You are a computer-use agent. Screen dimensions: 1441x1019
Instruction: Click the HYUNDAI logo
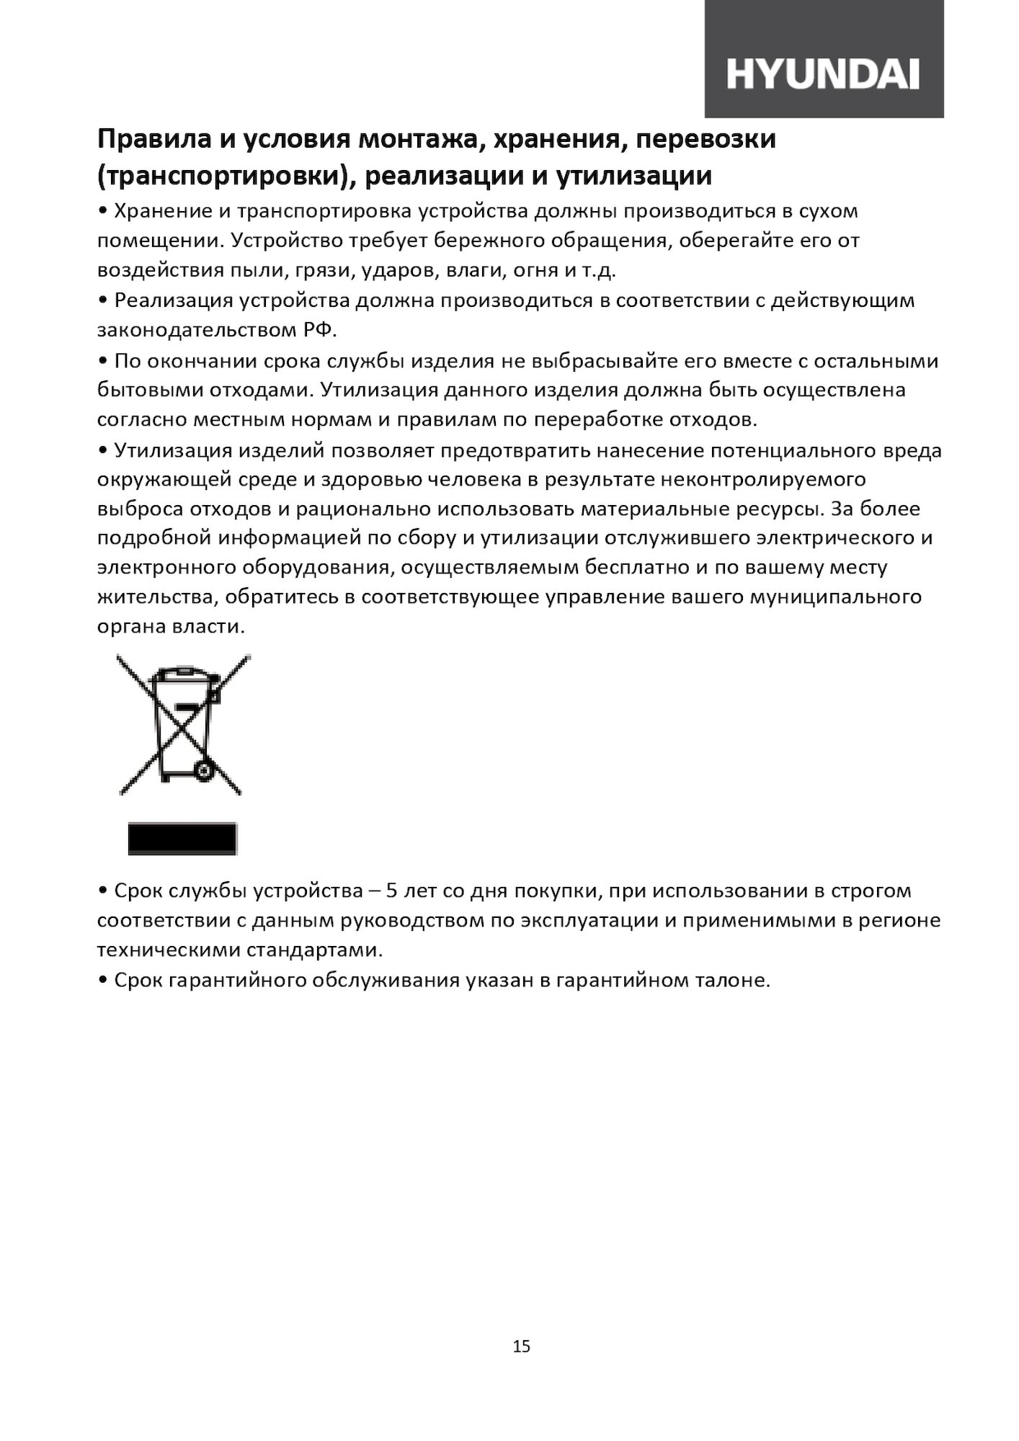(822, 74)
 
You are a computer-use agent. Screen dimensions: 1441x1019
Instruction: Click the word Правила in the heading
(152, 139)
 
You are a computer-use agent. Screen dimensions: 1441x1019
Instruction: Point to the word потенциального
(793, 450)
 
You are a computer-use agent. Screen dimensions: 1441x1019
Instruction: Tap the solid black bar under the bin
(182, 839)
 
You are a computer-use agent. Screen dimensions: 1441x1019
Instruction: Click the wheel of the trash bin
(204, 772)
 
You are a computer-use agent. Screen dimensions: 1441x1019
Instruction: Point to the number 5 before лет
(392, 891)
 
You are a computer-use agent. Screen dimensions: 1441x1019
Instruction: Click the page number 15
(521, 1346)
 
